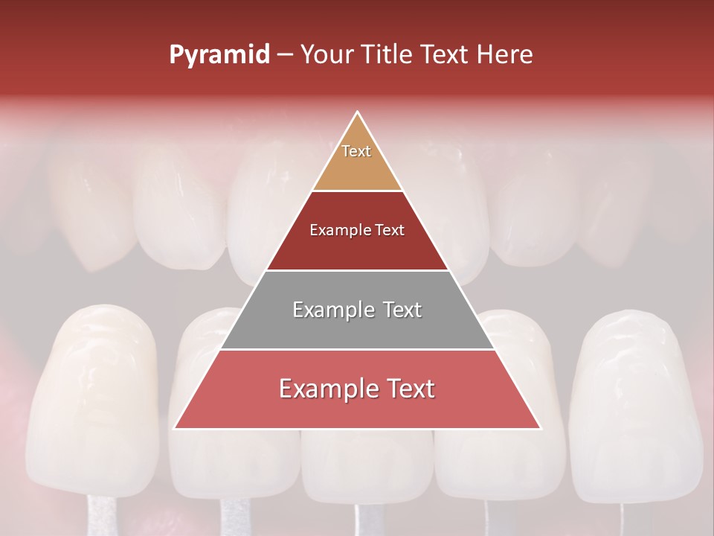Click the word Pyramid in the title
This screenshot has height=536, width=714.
coord(219,55)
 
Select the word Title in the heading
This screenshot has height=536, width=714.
coord(390,55)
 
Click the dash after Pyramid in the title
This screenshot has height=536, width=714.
coord(285,55)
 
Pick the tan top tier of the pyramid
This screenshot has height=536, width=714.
coord(357,160)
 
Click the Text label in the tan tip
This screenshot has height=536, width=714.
coord(356,151)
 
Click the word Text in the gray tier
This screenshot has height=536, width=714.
coord(402,310)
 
